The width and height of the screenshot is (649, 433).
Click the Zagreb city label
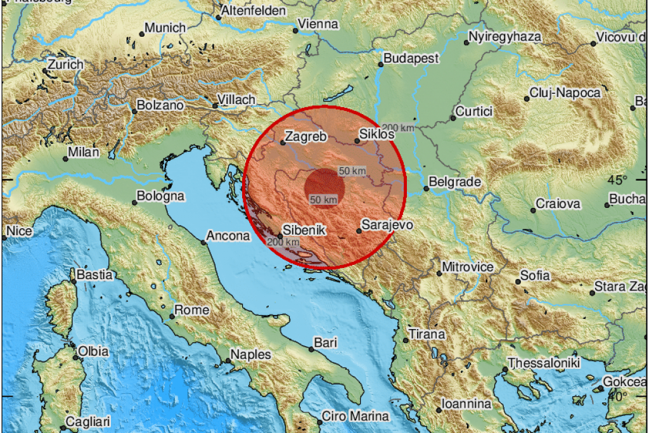point(306,136)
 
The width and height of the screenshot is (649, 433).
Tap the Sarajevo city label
point(387,224)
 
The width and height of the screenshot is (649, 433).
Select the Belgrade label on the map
point(455,182)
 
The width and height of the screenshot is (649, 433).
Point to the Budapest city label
point(411,58)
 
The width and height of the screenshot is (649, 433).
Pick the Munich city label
point(165,28)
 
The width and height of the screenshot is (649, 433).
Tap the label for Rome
point(191,310)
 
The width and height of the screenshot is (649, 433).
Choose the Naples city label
point(250,354)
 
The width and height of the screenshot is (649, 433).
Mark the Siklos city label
point(377,134)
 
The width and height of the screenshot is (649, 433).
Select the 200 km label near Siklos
point(399,127)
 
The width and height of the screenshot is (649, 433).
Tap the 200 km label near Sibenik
point(283,242)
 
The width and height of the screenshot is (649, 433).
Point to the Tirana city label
point(427,333)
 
